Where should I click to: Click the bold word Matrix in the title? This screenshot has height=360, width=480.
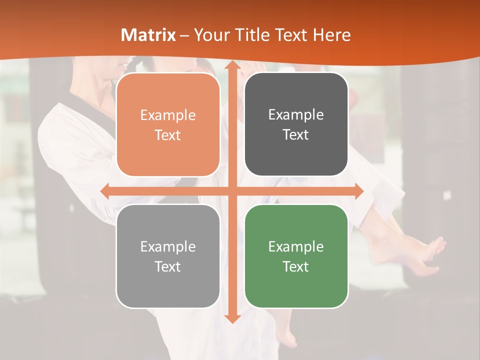point(148,35)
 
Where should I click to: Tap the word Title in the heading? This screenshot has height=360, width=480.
point(252,35)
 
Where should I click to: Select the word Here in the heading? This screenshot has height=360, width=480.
point(331,35)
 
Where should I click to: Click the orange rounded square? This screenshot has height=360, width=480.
point(168,124)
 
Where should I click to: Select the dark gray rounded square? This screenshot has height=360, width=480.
point(296,124)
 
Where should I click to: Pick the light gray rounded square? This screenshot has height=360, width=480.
point(168,256)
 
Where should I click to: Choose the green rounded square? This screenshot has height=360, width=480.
point(296,256)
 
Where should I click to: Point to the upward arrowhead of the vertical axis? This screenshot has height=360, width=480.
point(231,65)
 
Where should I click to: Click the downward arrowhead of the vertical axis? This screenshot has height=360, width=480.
point(231,318)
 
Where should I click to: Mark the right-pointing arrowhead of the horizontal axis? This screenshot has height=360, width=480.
point(358,191)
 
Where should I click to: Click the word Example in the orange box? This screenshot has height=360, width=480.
point(168,115)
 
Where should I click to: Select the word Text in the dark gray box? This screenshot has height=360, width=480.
point(296,135)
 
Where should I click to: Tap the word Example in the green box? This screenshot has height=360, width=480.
point(296,246)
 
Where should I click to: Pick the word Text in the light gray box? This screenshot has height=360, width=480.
point(168,266)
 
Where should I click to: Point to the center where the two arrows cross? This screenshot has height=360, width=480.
point(232,191)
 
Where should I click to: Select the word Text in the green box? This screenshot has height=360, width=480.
point(296,266)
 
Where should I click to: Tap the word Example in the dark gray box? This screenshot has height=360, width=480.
point(296,115)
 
